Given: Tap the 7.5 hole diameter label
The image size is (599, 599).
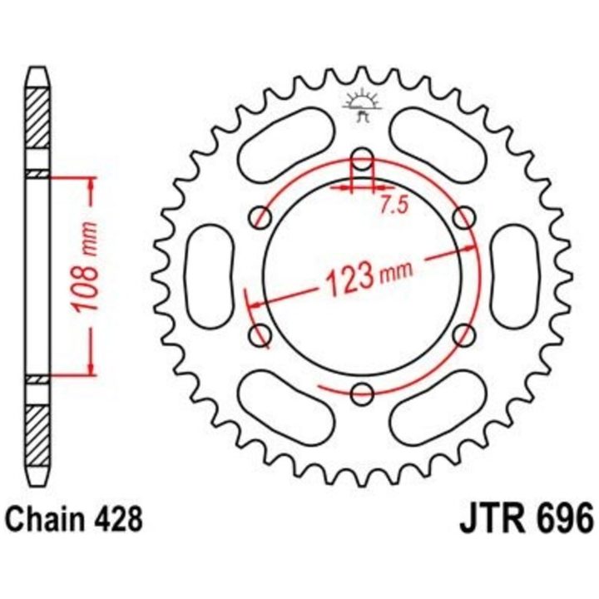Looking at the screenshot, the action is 394,205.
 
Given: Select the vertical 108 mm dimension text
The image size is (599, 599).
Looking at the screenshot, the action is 86,266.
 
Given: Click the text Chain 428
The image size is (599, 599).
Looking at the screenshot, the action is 75,518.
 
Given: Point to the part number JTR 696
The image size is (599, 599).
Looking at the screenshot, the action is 527,518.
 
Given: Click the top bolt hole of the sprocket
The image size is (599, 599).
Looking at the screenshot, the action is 362,159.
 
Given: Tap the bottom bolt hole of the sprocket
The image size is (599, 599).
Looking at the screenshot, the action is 362,394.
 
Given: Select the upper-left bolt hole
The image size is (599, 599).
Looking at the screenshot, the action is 260,218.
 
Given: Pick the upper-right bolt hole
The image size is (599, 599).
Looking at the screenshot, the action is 463,218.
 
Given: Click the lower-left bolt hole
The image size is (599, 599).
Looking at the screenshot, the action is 260,335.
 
